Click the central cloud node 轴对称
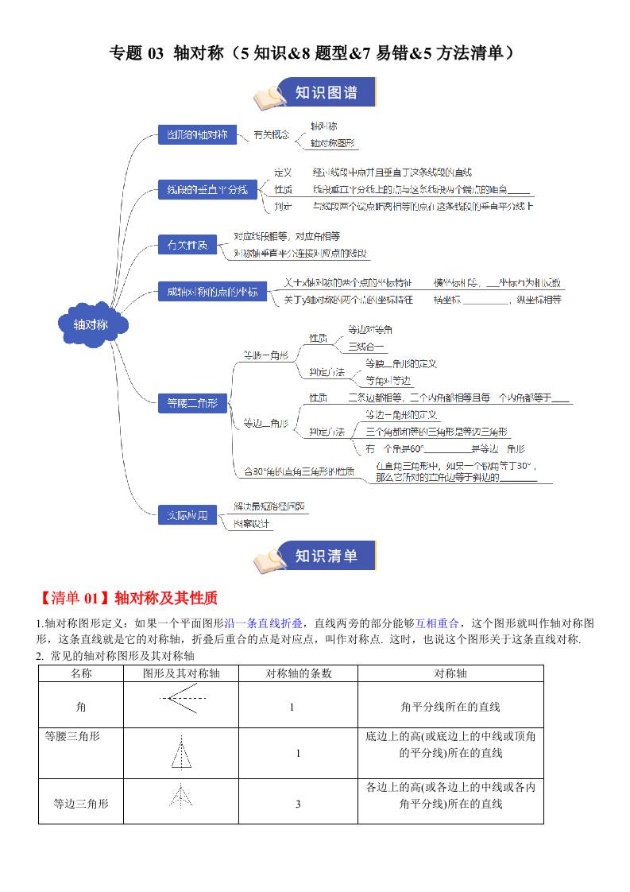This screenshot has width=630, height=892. pos(90,324)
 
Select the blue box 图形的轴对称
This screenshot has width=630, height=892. pos(192,134)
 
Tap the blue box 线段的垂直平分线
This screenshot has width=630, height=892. pos(207,190)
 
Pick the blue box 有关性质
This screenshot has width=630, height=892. pos(187,245)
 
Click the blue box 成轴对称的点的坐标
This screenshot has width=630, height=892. pos(207,292)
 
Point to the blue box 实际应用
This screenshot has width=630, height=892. pos(187,515)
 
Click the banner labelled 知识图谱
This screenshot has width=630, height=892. pos(326,93)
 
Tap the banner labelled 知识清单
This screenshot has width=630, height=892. pos(326,556)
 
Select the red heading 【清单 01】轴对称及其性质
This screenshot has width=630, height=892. pos(126,598)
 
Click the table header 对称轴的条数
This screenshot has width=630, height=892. pos(298,673)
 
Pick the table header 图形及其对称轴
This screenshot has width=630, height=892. pos(181,673)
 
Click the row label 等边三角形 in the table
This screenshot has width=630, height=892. pos(81,803)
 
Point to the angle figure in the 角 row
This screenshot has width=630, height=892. pos(182,699)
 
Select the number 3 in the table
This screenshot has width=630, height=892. pos(298,804)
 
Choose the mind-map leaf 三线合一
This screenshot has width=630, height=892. pos(365,347)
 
